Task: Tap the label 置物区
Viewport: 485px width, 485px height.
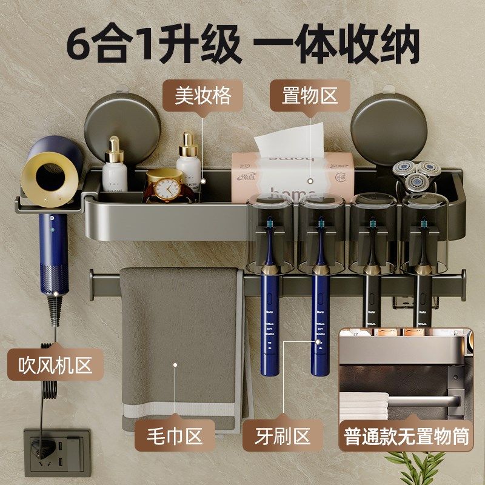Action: pyautogui.click(x=309, y=96)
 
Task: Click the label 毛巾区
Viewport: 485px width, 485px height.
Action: pyautogui.click(x=175, y=435)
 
